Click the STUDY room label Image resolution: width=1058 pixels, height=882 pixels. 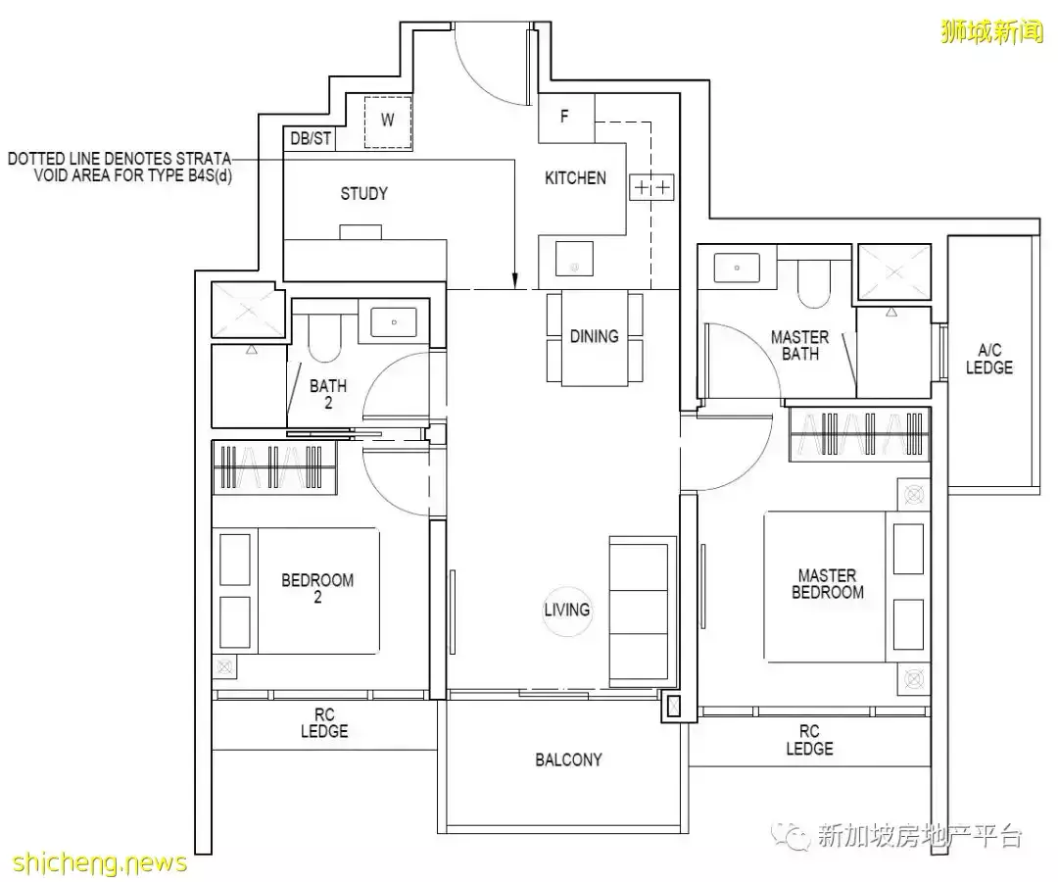point(363,194)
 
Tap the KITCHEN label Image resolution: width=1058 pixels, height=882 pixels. point(575,178)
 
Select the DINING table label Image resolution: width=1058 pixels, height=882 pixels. point(594,336)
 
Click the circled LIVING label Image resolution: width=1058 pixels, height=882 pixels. point(567,610)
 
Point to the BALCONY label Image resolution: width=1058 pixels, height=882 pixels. point(568,759)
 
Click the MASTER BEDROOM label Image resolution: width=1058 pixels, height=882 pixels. point(827,584)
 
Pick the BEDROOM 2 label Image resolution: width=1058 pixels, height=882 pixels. point(317,588)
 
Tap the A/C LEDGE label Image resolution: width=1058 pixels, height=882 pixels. point(989,359)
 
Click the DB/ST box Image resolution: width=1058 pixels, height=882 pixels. point(310,138)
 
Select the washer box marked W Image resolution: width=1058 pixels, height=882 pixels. point(387,122)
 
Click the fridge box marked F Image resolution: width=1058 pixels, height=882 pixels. point(566,118)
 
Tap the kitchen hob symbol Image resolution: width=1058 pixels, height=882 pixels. point(651,187)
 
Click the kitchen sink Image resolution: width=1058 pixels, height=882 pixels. point(574,259)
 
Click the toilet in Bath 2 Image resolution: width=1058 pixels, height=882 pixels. point(326,337)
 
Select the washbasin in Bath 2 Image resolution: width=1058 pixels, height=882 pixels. point(394,321)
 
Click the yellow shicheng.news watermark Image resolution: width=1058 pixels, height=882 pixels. point(100,863)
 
